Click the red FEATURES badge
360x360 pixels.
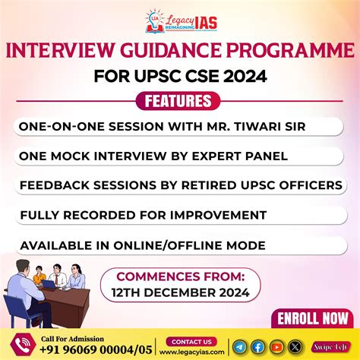(x=179, y=101)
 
